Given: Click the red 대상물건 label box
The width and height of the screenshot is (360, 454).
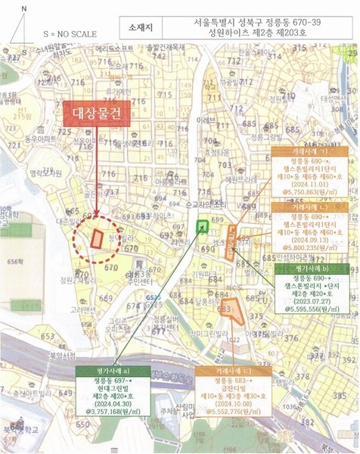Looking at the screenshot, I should [97, 115].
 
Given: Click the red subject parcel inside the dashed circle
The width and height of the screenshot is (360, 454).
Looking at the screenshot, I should [97, 237].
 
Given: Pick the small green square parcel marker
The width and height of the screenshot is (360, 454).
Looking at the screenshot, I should [203, 226].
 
